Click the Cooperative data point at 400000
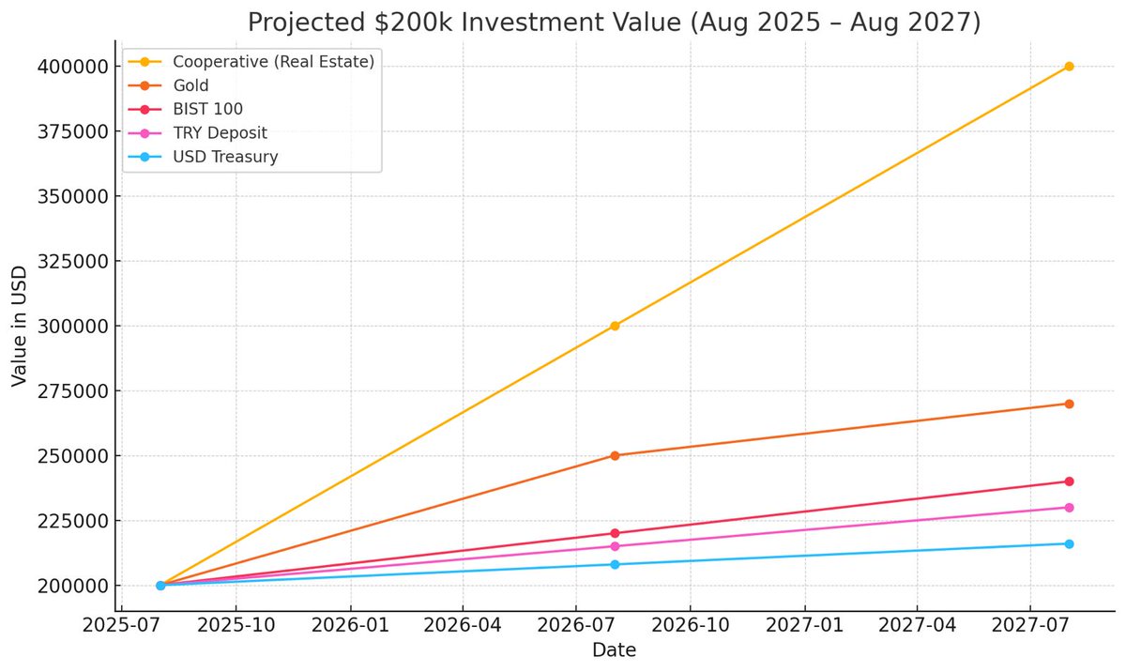click(x=1069, y=67)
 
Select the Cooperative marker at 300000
click(x=615, y=326)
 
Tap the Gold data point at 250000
click(x=615, y=456)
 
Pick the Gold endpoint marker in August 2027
click(x=1069, y=404)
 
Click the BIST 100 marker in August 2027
click(x=1069, y=481)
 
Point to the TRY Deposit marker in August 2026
click(x=615, y=546)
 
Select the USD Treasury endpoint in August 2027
click(x=1069, y=543)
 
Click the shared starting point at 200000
click(x=160, y=586)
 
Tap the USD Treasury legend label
click(x=225, y=157)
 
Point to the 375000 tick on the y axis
click(x=73, y=131)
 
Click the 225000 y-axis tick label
click(x=73, y=521)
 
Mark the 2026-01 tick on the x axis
click(x=350, y=625)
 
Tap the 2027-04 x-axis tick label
click(x=917, y=625)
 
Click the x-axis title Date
click(x=614, y=649)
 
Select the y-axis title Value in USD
click(x=19, y=327)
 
